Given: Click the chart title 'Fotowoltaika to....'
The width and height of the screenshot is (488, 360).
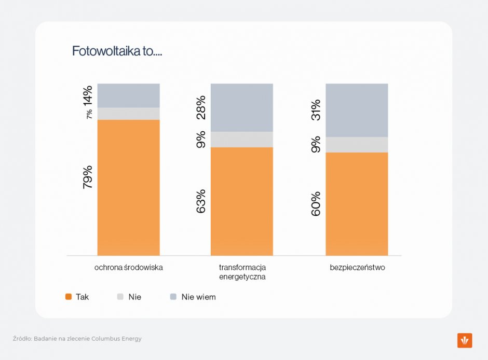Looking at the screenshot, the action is pyautogui.click(x=117, y=51).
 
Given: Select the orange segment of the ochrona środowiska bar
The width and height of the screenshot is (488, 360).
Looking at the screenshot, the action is pyautogui.click(x=129, y=188).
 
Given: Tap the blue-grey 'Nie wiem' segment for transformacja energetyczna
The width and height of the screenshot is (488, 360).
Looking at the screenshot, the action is pyautogui.click(x=242, y=107).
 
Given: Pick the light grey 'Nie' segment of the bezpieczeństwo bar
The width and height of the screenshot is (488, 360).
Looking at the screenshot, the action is pyautogui.click(x=357, y=145).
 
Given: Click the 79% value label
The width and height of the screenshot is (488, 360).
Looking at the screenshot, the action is pyautogui.click(x=88, y=177).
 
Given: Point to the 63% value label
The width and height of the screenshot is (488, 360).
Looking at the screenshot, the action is pyautogui.click(x=201, y=201).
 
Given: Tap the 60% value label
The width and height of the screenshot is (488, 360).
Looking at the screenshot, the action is pyautogui.click(x=316, y=204).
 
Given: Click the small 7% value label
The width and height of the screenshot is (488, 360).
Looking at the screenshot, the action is pyautogui.click(x=89, y=114).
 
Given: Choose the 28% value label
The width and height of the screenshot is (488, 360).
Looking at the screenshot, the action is pyautogui.click(x=201, y=107).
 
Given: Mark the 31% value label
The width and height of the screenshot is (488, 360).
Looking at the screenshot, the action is pyautogui.click(x=316, y=110).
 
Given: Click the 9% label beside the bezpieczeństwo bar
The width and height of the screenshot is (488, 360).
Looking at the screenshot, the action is pyautogui.click(x=316, y=144).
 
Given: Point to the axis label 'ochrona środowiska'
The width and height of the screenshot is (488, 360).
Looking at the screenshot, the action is pyautogui.click(x=129, y=267).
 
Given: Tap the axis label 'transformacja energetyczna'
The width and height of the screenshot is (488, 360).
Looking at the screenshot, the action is pyautogui.click(x=242, y=272).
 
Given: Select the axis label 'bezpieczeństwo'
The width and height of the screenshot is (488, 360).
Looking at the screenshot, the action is pyautogui.click(x=357, y=267).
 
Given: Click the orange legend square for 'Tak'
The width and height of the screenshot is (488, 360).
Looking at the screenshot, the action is pyautogui.click(x=69, y=297).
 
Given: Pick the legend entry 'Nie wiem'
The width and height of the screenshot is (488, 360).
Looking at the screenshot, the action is pyautogui.click(x=193, y=297).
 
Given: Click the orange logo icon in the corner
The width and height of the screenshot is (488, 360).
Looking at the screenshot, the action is pyautogui.click(x=465, y=340).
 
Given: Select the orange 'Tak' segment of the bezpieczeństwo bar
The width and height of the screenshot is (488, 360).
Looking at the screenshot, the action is pyautogui.click(x=357, y=204).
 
